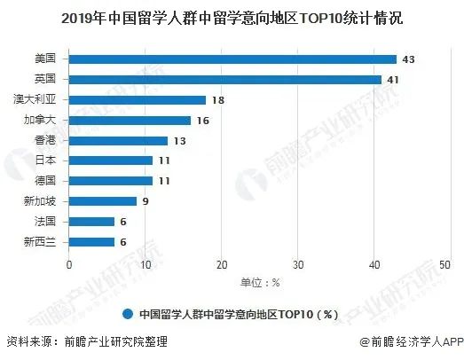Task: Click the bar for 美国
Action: pyautogui.click(x=232, y=59)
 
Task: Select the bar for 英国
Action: pyautogui.click(x=225, y=80)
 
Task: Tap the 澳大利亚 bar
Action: pyautogui.click(x=138, y=100)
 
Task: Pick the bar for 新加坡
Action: pyautogui.click(x=103, y=201)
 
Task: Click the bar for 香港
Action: pyautogui.click(x=118, y=141)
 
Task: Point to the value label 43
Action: pyautogui.click(x=408, y=59)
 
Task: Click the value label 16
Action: pyautogui.click(x=203, y=121)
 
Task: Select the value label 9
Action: pyautogui.click(x=145, y=201)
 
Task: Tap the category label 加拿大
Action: pyautogui.click(x=40, y=120)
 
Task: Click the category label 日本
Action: pyautogui.click(x=45, y=160)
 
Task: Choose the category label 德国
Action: pyautogui.click(x=45, y=180)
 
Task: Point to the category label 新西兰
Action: pyautogui.click(x=40, y=242)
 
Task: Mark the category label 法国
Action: pyautogui.click(x=45, y=222)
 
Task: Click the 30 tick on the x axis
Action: pyautogui.click(x=298, y=265)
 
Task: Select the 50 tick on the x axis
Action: pyautogui.click(x=444, y=265)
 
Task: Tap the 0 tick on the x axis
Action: pyautogui.click(x=69, y=265)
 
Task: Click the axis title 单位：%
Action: pyautogui.click(x=260, y=283)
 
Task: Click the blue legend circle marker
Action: pyautogui.click(x=128, y=314)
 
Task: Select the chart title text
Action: pyautogui.click(x=232, y=19)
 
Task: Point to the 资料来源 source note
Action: pyautogui.click(x=87, y=341)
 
